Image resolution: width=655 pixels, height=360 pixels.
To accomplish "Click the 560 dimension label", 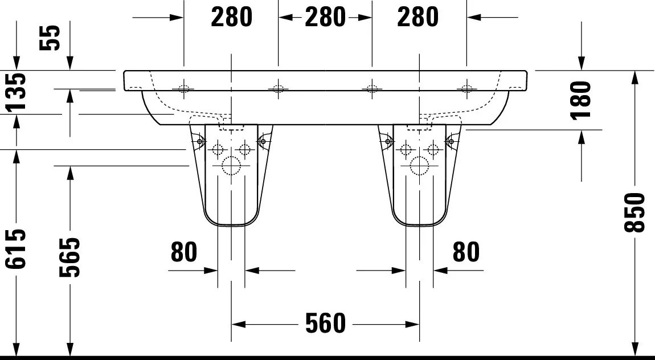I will point(325,324).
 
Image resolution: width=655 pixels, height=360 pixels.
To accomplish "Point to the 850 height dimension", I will point(634,212).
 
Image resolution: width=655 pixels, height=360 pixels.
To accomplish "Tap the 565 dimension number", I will point(70,257).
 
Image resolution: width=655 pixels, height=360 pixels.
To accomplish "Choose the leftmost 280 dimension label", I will point(231,17).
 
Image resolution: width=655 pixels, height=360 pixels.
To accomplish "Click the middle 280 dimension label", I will point(325,17).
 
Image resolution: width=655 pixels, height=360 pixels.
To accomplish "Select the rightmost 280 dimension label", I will point(418,17).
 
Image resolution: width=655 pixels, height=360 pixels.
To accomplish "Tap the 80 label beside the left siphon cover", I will point(184,251).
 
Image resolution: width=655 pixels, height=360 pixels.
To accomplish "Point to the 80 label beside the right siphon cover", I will point(466,251).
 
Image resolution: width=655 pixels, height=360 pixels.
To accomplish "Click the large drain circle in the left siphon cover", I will point(231,165).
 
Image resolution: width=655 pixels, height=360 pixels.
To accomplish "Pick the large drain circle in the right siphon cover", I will point(420,165).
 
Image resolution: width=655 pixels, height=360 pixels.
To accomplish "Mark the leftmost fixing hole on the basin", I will point(183,88).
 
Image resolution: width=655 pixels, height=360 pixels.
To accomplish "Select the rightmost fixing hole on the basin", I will point(466,88).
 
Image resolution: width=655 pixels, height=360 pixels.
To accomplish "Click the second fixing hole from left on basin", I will point(278,88).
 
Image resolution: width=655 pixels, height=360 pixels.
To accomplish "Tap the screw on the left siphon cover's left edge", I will point(199,141).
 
